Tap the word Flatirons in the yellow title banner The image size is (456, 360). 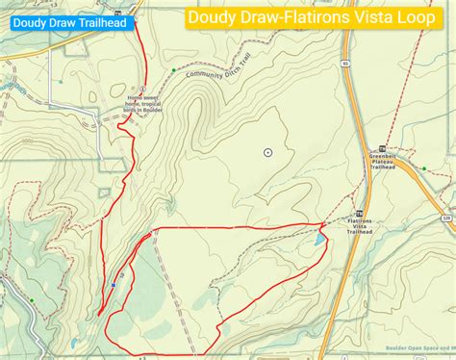(309, 17)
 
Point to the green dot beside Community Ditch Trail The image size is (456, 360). (174, 69)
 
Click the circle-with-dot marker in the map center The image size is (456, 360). (267, 152)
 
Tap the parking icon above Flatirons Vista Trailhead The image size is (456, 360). (360, 214)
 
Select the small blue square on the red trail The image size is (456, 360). (113, 285)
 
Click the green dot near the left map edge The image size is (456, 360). (32, 301)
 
